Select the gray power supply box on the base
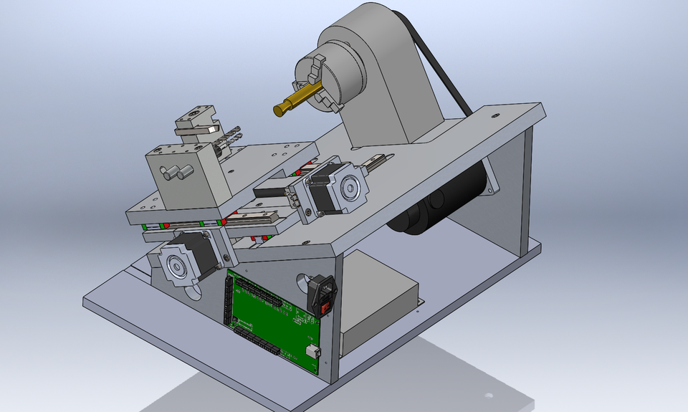click(x=380, y=308)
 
